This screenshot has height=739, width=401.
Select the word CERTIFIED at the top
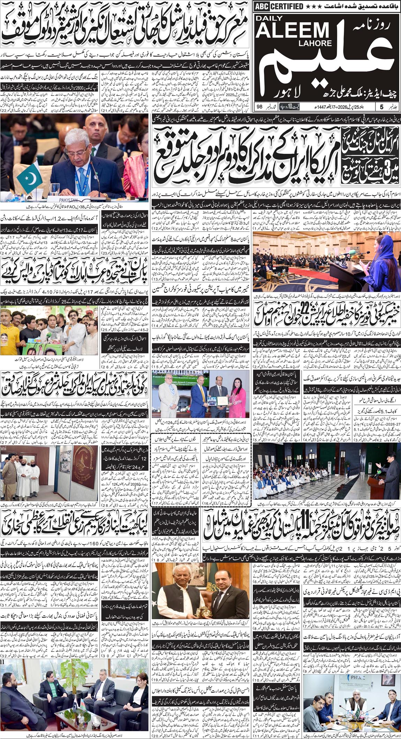286,6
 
